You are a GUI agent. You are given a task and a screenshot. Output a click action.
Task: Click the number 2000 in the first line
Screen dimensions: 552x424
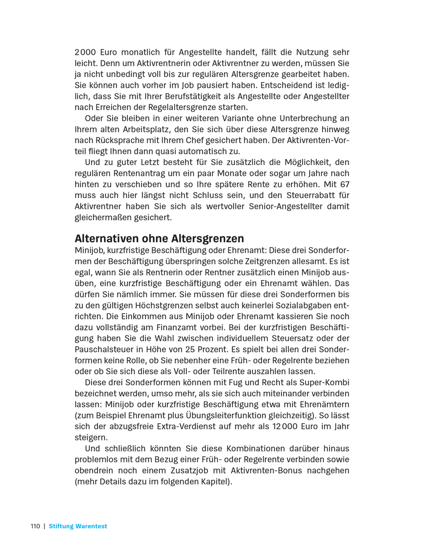pyautogui.click(x=85, y=52)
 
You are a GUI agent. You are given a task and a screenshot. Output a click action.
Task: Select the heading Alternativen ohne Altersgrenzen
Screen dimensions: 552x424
pyautogui.click(x=159, y=239)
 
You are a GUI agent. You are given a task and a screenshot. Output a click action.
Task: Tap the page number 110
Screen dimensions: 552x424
pyautogui.click(x=35, y=526)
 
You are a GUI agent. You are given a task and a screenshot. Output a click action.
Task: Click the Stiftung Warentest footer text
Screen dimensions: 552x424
pyautogui.click(x=78, y=526)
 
